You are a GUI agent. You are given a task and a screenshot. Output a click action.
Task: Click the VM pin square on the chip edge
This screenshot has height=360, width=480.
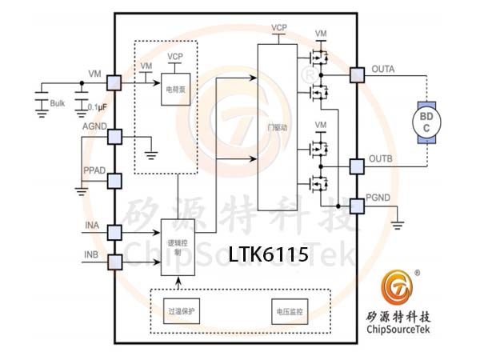114,82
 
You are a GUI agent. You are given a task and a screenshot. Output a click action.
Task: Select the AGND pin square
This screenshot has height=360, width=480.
114,137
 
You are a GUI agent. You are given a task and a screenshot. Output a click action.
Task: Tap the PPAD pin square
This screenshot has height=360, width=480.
114,181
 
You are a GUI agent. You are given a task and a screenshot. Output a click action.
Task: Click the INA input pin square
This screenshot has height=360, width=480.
114,232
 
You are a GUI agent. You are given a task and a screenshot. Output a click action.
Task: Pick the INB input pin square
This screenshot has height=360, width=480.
114,262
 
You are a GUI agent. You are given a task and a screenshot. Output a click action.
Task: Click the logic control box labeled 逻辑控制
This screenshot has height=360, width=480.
178,246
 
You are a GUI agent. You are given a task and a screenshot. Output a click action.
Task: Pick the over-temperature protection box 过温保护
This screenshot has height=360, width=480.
182,311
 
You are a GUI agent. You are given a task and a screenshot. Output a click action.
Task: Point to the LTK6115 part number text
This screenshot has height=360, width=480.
268,256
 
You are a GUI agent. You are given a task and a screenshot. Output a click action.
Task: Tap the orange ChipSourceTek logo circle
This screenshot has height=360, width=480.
394,287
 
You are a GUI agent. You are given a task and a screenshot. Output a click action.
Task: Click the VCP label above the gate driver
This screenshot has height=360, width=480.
279,28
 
